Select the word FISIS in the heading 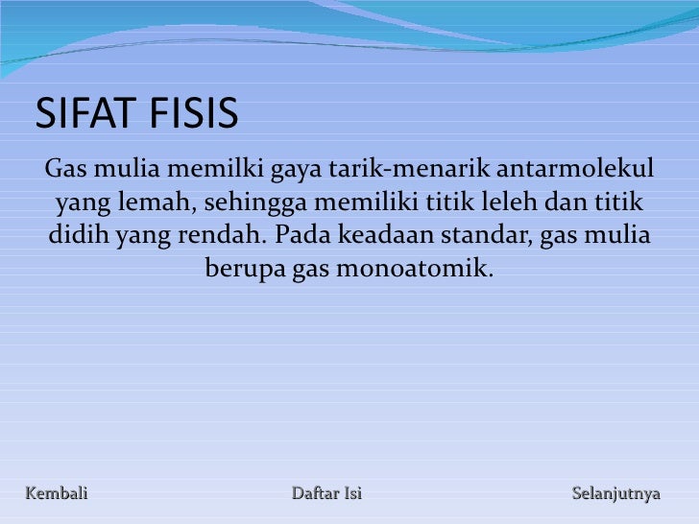tap(189, 115)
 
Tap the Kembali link tap(56, 494)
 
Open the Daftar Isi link tap(326, 494)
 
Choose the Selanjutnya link tap(616, 494)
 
